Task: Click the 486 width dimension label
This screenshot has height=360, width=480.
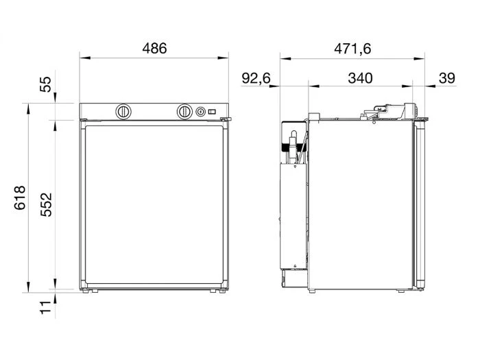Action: pyautogui.click(x=154, y=49)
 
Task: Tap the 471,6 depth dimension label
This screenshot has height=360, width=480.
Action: pyautogui.click(x=352, y=49)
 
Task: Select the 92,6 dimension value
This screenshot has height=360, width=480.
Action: pyautogui.click(x=256, y=78)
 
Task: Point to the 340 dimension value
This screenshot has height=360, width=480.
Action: pyautogui.click(x=360, y=78)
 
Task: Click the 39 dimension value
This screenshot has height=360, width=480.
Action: pyautogui.click(x=447, y=78)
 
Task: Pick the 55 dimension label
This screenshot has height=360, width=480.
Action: pyautogui.click(x=46, y=84)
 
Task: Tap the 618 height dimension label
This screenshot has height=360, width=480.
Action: pyautogui.click(x=20, y=197)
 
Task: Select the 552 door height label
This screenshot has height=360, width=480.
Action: pyautogui.click(x=46, y=205)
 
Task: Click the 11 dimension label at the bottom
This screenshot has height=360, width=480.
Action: pyautogui.click(x=45, y=307)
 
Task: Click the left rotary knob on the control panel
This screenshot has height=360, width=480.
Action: pyautogui.click(x=123, y=112)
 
